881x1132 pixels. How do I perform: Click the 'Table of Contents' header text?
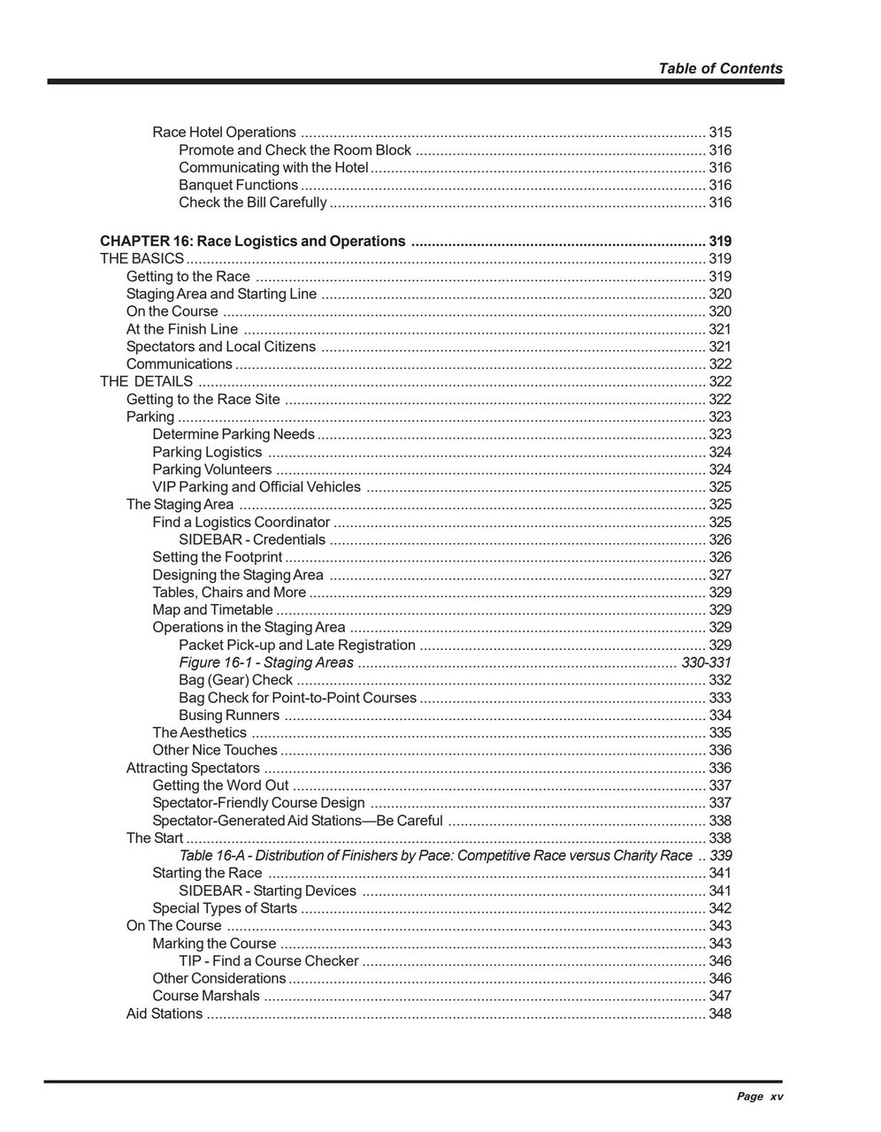[720, 69]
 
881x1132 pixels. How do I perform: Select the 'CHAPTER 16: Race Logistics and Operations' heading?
[252, 241]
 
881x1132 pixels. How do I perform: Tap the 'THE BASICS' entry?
[142, 259]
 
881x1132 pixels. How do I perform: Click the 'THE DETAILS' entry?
[146, 382]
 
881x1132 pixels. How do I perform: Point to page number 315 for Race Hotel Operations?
[720, 133]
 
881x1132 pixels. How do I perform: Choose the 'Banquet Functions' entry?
[238, 186]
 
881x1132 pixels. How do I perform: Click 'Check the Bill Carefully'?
[252, 203]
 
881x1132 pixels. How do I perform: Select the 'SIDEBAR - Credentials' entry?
[252, 540]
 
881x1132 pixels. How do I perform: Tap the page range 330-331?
[706, 663]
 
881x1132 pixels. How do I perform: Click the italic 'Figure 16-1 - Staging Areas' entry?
[265, 663]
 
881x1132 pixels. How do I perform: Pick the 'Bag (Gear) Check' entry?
[235, 681]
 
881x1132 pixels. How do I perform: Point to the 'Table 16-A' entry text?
[435, 856]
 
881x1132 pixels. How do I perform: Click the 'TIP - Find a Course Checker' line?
[269, 961]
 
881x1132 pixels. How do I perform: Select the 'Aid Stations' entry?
[165, 1014]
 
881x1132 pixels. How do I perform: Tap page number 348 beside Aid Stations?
[720, 1014]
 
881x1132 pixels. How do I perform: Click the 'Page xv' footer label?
[760, 1097]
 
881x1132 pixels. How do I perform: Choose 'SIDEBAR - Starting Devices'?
[267, 891]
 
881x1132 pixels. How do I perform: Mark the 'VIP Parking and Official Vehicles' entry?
[257, 487]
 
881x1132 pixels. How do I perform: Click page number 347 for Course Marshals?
[720, 997]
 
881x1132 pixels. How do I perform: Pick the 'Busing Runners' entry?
[229, 715]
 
